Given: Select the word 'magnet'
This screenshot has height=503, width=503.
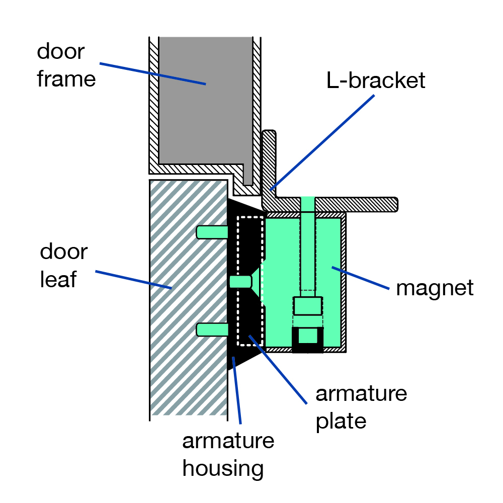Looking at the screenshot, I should [435, 288].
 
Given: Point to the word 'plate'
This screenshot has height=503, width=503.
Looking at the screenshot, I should [341, 421].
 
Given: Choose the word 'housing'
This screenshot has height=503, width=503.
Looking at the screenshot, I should [223, 468].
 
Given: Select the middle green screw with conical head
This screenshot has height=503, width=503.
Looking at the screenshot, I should [241, 282].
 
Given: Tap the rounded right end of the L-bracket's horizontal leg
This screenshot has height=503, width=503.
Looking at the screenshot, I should [394, 203].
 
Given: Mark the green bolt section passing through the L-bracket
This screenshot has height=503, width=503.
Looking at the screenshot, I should [307, 204].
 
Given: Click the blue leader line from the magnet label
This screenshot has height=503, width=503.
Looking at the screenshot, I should [360, 279].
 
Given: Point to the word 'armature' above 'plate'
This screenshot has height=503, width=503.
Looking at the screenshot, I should [361, 393].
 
